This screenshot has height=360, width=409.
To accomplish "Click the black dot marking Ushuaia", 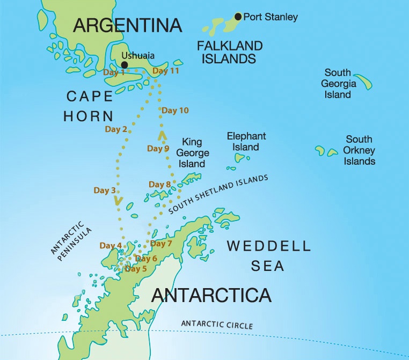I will (124, 65).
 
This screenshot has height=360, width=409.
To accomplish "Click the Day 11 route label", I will (166, 71).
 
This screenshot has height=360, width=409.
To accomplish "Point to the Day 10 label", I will (176, 111).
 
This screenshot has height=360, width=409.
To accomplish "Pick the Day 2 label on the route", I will (116, 129).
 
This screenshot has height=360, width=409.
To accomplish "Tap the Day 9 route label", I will (158, 149).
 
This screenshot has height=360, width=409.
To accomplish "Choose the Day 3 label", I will (105, 190).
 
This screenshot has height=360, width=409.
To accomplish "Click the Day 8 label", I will (160, 185).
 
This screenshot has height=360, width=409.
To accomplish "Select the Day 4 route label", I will (111, 246).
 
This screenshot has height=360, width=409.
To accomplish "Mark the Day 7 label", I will (161, 244).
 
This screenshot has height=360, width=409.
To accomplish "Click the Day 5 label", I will (136, 269).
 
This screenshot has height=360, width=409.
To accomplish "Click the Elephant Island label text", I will (246, 142).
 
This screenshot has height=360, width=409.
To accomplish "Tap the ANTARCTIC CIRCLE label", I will (217, 324).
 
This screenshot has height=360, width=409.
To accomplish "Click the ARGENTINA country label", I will (128, 25).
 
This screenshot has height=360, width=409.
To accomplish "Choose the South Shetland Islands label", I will (218, 195).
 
